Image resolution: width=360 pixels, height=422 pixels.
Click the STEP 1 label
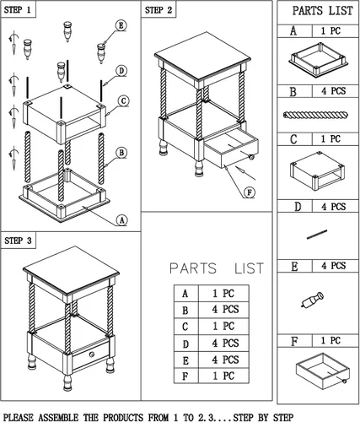pos(18,10)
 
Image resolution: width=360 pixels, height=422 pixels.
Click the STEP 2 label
pos(159,10)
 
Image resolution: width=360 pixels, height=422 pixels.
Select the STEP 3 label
pos(18,241)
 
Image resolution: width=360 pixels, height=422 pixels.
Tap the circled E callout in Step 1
pos(121,25)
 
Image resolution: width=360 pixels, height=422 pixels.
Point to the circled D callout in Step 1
pos(121,71)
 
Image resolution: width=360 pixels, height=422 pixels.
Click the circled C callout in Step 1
pos(123,101)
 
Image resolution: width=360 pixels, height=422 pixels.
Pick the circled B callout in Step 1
pos(121,153)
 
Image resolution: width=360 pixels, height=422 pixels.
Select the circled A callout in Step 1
pos(121,220)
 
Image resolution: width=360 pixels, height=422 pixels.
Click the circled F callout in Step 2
pos(250,192)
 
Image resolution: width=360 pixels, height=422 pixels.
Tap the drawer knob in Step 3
pos(91,354)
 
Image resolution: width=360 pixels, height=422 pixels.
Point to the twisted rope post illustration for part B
pos(316,115)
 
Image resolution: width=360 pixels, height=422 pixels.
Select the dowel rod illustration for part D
pos(317,235)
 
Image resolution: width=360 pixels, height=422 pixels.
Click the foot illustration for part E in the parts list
pos(312,300)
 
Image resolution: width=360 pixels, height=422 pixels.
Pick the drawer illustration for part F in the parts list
pos(323,371)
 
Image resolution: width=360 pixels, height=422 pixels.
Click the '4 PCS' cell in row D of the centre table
pos(223,344)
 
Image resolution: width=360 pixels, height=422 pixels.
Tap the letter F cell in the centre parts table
pos(186,376)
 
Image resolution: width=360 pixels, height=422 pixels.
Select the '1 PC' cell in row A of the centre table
pos(223,294)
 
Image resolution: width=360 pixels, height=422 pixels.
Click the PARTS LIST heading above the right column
pos(322,11)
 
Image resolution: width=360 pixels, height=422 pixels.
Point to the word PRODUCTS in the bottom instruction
pos(123,417)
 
